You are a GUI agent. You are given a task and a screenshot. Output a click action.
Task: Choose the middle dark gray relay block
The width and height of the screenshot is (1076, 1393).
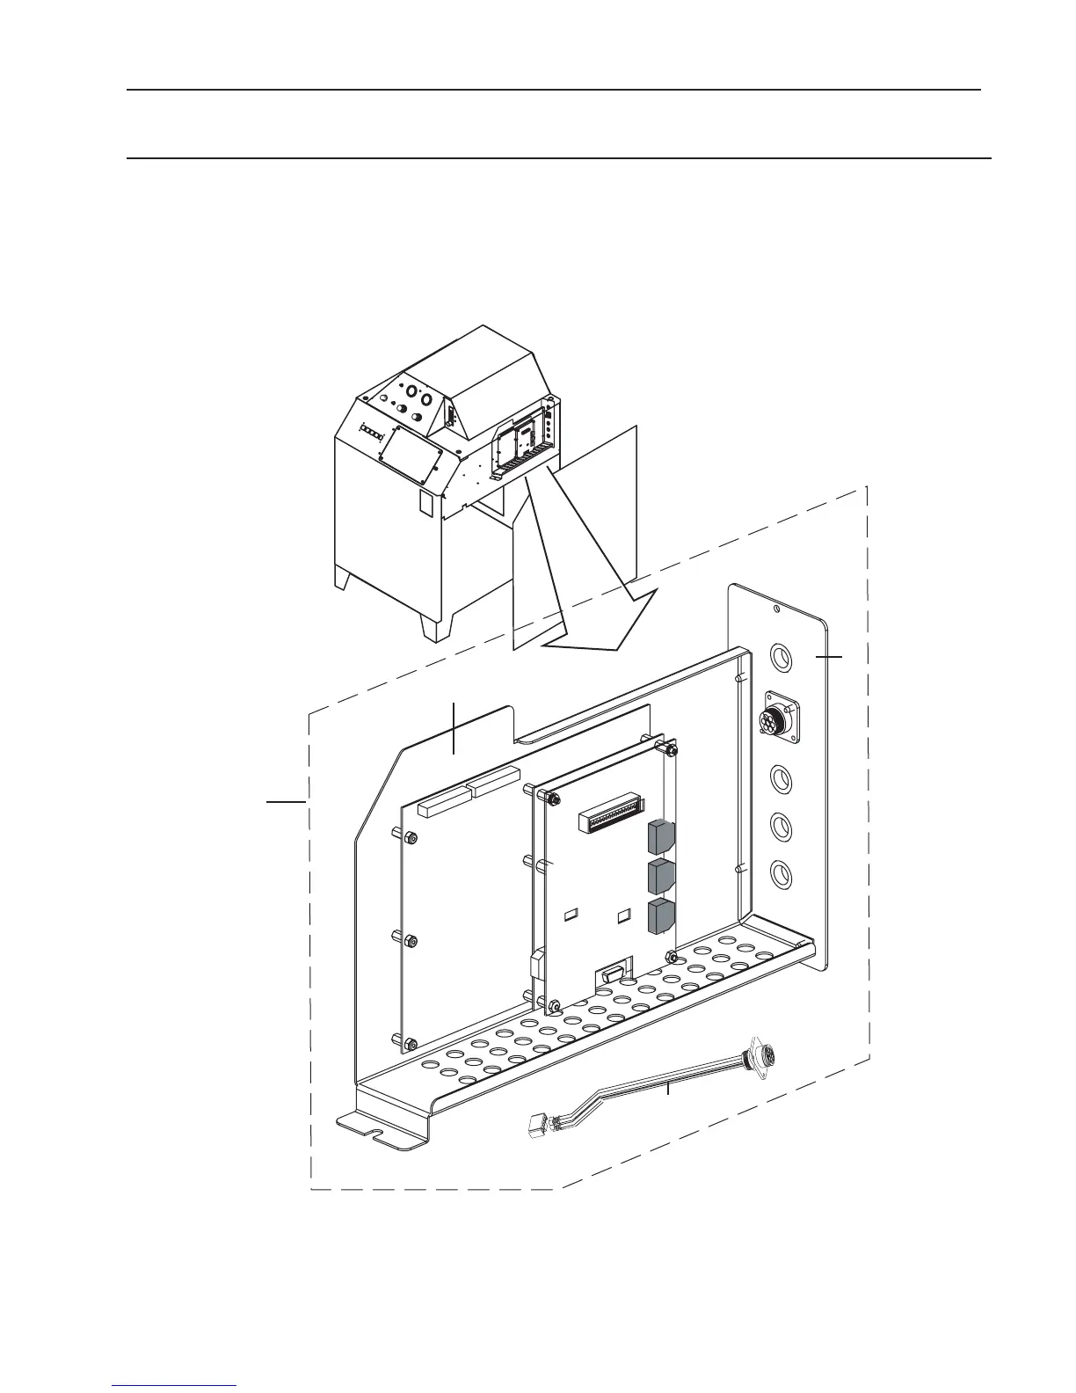coord(660,877)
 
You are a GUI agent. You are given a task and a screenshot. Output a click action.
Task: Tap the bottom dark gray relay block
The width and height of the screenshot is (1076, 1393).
coord(660,916)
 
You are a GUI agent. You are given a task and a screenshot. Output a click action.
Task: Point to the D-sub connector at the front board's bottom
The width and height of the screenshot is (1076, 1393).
coord(612,974)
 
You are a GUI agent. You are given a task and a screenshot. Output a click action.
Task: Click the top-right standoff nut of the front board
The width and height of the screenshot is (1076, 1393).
coord(670,751)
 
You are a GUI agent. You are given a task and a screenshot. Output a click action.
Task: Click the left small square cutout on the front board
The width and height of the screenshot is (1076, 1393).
coord(570,915)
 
